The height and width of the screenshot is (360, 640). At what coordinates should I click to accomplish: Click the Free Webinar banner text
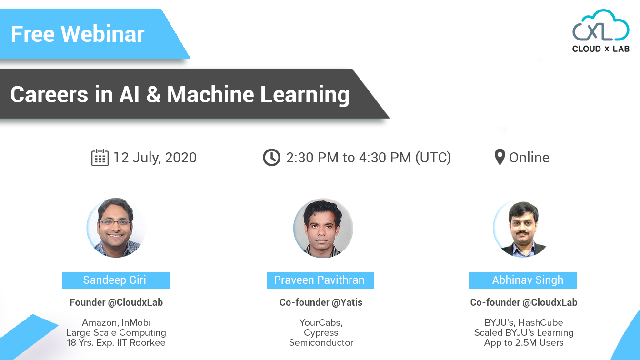(78, 34)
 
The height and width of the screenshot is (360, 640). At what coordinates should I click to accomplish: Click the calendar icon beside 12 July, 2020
(100, 158)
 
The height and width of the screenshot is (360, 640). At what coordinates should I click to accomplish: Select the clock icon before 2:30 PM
(271, 158)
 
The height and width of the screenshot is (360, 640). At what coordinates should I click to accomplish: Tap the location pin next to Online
(500, 158)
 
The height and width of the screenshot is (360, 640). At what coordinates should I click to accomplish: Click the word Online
(529, 158)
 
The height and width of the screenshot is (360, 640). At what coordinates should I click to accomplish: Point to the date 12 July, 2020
(155, 158)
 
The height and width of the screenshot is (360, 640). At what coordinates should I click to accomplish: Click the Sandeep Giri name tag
(115, 280)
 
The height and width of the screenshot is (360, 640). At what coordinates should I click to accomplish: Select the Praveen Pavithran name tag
(320, 280)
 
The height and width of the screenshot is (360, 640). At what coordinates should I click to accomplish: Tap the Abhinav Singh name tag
(523, 280)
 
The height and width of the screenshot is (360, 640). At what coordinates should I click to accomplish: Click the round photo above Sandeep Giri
(116, 228)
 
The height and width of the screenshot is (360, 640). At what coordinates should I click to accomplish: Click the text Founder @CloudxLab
(116, 302)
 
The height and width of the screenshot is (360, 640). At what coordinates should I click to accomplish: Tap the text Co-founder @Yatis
(321, 302)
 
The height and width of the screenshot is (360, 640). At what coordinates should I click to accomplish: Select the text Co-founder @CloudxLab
(524, 302)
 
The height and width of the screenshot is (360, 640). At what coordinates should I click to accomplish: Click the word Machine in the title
(210, 94)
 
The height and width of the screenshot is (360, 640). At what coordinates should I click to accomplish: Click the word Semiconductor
(321, 342)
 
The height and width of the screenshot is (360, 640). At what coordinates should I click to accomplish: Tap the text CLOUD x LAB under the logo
(600, 49)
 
